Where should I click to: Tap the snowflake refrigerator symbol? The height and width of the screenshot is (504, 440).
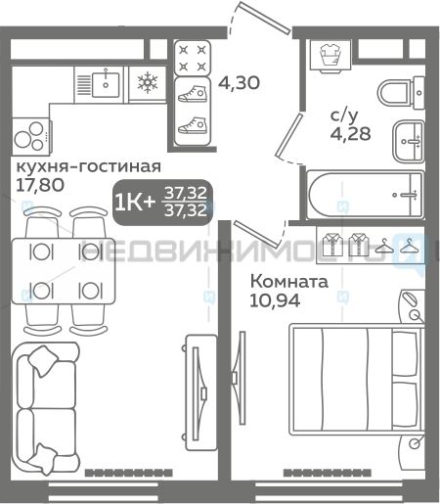click(x=148, y=82)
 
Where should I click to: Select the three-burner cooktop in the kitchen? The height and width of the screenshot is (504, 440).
click(x=31, y=136)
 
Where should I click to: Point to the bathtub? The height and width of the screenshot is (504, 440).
click(x=366, y=195)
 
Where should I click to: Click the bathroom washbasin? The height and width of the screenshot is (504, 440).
click(x=409, y=141)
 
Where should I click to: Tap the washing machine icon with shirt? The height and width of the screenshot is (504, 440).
click(x=330, y=55)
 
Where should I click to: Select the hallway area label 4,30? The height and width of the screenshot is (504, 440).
click(x=239, y=82)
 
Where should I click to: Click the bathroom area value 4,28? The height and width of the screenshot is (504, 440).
click(x=351, y=133)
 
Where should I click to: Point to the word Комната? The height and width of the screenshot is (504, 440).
click(x=289, y=282)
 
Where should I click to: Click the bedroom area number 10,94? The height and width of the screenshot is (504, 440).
click(x=275, y=300)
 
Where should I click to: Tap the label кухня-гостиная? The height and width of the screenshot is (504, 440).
click(x=89, y=166)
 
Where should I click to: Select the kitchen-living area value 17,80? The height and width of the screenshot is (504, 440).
click(x=40, y=185)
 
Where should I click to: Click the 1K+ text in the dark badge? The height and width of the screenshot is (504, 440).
click(x=135, y=203)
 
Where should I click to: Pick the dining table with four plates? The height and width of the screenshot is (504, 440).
click(x=64, y=271)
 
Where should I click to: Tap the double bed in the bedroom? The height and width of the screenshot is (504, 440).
click(x=357, y=379)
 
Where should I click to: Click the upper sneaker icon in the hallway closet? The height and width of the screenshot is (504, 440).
click(x=193, y=94)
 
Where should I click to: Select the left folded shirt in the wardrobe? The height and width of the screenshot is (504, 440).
click(x=332, y=245)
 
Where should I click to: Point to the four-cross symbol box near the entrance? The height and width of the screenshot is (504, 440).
click(x=193, y=58)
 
